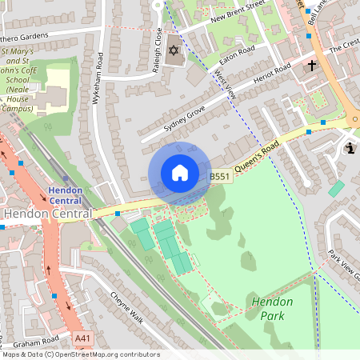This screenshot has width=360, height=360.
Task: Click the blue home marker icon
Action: pos(179,173)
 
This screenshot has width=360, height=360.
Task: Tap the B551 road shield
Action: pos(221,176)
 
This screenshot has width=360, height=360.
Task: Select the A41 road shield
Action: pos(82,339)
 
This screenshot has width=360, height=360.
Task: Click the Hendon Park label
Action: pos(272,309)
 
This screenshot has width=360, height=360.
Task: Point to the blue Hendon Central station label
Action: pos(70,194)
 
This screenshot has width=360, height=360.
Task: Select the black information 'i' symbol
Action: pos(350,148)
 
